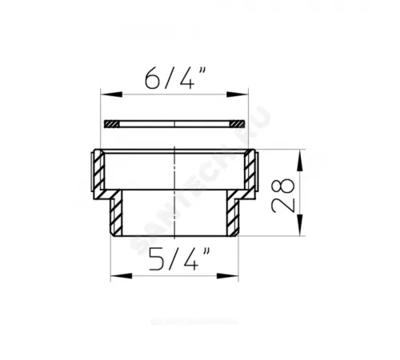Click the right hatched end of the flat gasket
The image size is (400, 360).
pyautogui.click(x=235, y=123)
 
